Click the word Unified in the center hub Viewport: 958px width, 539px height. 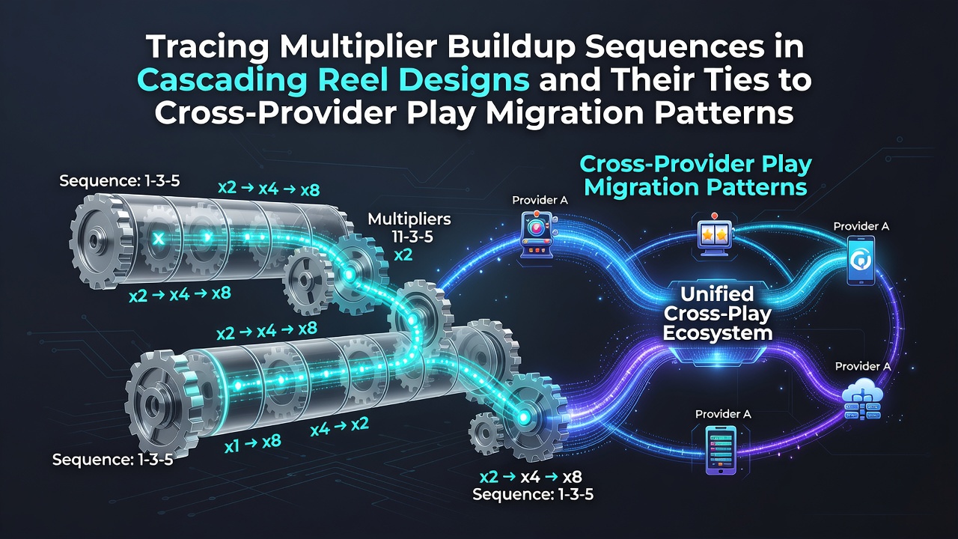717,294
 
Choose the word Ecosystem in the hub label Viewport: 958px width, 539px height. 718,333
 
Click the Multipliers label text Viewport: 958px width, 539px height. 409,219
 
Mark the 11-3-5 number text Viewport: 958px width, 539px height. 409,237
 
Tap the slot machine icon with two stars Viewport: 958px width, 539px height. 714,237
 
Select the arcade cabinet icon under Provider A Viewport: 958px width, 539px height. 538,235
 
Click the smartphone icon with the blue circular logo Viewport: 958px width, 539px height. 861,261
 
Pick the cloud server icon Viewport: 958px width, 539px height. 861,401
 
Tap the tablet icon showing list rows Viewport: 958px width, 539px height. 721,450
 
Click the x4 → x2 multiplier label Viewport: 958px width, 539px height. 339,427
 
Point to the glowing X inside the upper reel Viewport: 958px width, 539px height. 159,239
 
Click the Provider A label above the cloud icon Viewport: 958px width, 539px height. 863,366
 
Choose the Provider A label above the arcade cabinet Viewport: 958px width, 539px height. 540,200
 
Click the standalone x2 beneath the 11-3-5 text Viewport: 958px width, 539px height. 403,255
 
